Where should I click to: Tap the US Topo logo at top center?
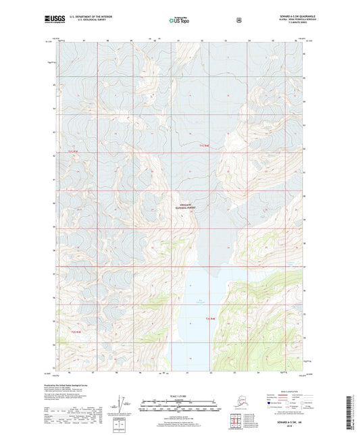pyautogui.click(x=179, y=21)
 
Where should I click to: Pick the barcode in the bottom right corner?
pyautogui.click(x=351, y=412)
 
